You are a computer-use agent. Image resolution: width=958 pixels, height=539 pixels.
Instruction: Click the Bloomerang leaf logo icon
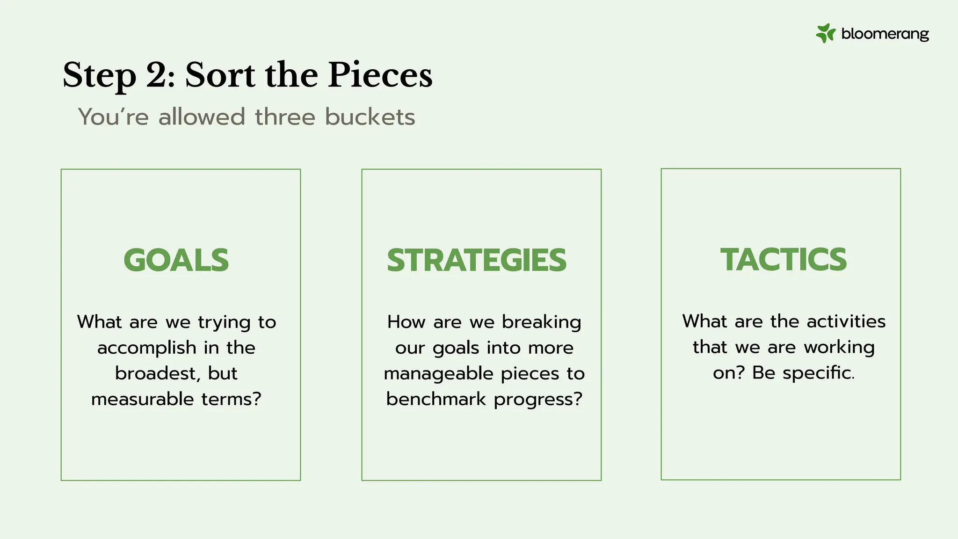click(826, 33)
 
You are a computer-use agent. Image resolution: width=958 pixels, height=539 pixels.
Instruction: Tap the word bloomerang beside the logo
click(885, 34)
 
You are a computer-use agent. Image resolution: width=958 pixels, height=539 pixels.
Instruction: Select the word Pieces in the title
click(380, 75)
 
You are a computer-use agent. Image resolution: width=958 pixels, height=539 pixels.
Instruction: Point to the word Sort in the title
click(220, 75)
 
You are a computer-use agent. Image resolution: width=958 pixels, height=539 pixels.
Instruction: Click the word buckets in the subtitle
click(370, 117)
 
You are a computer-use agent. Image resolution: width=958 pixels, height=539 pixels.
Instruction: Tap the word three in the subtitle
click(285, 117)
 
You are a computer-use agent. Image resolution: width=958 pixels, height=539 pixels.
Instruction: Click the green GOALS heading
click(176, 260)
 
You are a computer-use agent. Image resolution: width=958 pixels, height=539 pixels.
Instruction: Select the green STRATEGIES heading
click(477, 260)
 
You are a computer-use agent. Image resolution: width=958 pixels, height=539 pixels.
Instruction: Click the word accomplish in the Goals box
click(147, 348)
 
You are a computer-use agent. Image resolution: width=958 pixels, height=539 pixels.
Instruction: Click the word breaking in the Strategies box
click(541, 322)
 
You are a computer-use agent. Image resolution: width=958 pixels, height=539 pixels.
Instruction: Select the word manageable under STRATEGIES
click(439, 374)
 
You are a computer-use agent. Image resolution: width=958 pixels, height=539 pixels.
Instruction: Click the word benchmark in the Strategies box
click(436, 400)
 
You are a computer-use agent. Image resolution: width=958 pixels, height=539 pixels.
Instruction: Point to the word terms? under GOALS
click(231, 400)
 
